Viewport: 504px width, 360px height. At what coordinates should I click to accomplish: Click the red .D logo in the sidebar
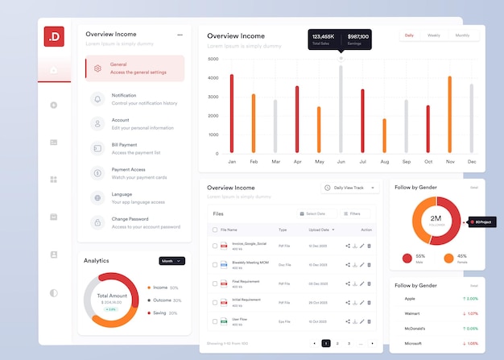pyautogui.click(x=53, y=36)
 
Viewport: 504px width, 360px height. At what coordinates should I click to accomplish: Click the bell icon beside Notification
pyautogui.click(x=97, y=99)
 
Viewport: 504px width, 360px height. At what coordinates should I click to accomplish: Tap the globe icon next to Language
pyautogui.click(x=97, y=197)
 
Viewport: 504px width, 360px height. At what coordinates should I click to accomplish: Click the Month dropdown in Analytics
pyautogui.click(x=171, y=261)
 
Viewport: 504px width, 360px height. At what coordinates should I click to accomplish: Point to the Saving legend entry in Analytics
pyautogui.click(x=159, y=312)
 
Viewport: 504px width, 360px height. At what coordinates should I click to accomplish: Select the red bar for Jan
pyautogui.click(x=231, y=114)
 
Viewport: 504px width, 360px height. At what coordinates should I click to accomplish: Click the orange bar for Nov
pyautogui.click(x=449, y=114)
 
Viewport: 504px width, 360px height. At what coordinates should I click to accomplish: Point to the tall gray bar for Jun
pyautogui.click(x=341, y=109)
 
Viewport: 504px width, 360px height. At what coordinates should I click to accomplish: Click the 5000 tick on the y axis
pyautogui.click(x=213, y=59)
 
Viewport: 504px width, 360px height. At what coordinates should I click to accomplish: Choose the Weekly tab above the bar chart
pyautogui.click(x=433, y=35)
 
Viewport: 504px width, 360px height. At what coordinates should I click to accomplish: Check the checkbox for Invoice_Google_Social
pyautogui.click(x=214, y=246)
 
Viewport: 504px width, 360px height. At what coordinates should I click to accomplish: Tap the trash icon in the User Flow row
pyautogui.click(x=369, y=321)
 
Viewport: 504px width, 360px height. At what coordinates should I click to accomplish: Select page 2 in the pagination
pyautogui.click(x=337, y=343)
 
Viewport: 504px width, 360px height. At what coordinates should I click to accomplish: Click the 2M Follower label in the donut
pyautogui.click(x=436, y=220)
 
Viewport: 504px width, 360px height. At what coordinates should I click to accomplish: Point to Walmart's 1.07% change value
pyautogui.click(x=471, y=313)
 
